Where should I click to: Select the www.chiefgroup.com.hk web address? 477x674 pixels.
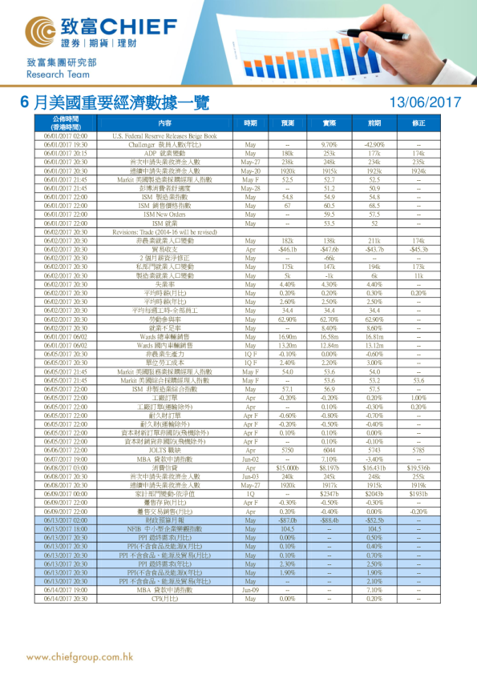79,657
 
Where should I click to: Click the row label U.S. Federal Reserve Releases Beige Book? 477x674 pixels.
164,136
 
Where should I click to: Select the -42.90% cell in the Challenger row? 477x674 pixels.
374,144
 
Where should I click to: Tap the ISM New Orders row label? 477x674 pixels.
164,215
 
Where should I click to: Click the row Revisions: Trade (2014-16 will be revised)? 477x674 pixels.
164,231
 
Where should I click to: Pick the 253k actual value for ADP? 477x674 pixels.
329,152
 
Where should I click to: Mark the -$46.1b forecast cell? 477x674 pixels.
288,248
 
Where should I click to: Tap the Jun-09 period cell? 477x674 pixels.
250,590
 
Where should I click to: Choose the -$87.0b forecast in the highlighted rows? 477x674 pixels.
288,519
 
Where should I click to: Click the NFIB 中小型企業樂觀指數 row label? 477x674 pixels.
164,527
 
